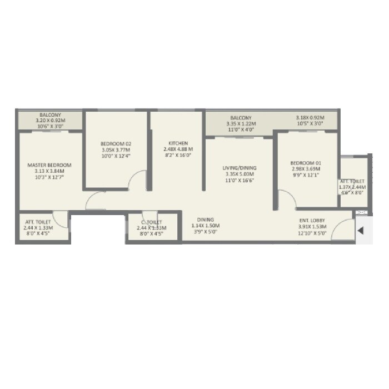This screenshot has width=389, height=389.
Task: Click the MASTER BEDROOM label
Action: [50, 165]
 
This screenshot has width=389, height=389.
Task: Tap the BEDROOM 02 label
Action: [116, 143]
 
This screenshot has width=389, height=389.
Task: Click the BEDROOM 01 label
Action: [306, 163]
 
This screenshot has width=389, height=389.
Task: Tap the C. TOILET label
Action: [152, 222]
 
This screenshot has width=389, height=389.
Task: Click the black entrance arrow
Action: [361, 231]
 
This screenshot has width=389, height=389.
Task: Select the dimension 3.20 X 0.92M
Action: [50, 119]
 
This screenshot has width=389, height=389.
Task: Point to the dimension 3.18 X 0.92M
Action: [310, 118]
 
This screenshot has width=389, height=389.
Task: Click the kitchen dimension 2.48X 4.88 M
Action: [178, 149]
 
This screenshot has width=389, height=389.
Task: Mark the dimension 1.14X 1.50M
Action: [205, 226]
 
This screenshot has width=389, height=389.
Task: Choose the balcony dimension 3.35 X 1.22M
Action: [241, 124]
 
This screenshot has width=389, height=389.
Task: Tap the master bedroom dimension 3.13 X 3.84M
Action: [50, 171]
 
